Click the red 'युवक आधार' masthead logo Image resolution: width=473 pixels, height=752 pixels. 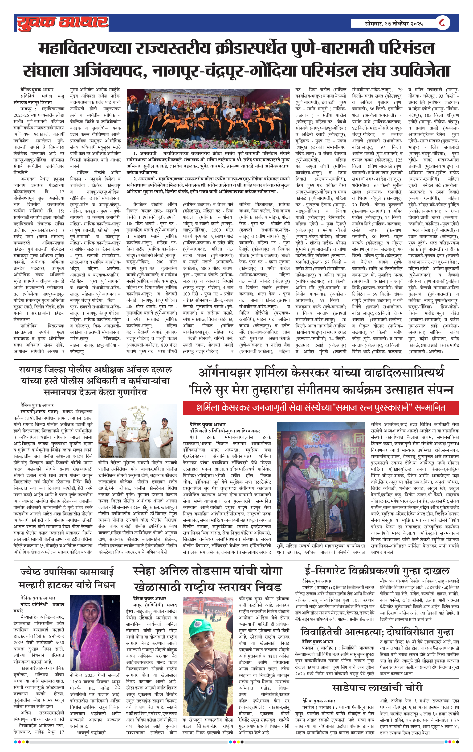(62, 23)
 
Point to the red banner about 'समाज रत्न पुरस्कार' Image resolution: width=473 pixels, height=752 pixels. (320, 408)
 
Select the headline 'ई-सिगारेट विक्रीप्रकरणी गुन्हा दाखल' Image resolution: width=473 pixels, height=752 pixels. (377, 571)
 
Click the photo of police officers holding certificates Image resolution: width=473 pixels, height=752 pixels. (138, 431)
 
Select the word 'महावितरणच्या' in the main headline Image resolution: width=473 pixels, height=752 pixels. (84, 49)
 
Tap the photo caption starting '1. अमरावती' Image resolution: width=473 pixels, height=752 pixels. (208, 163)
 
